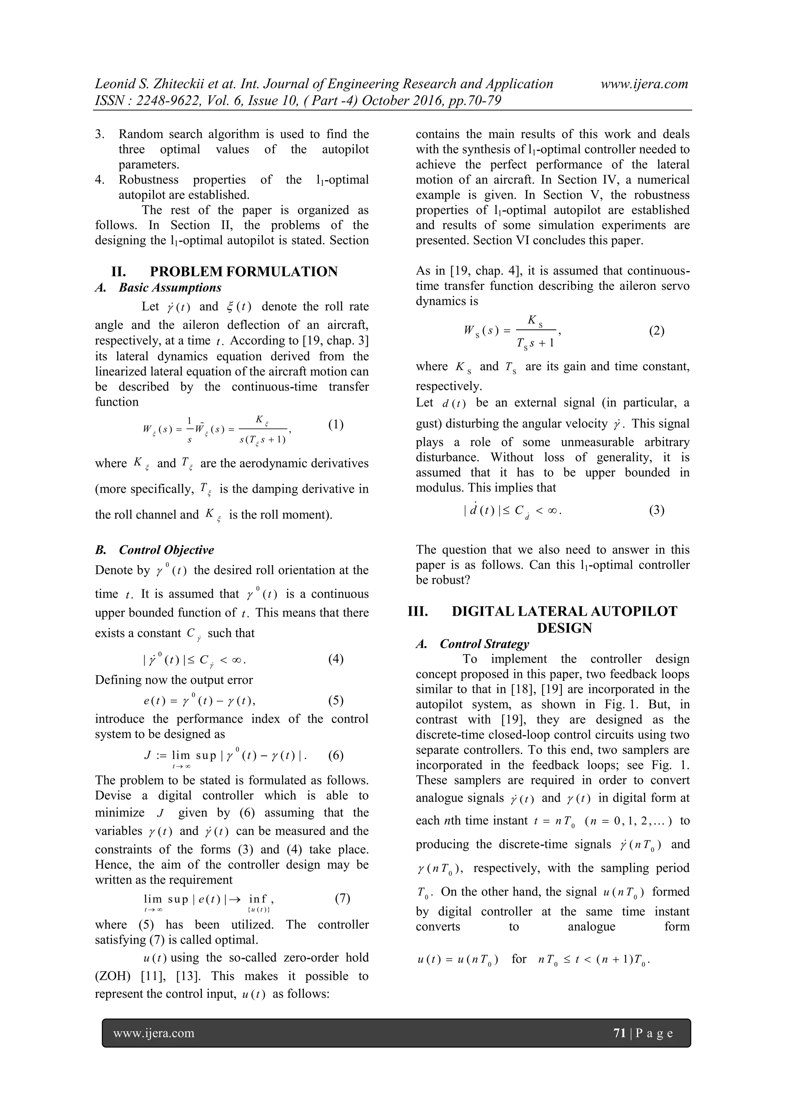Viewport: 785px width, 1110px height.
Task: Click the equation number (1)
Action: pyautogui.click(x=335, y=424)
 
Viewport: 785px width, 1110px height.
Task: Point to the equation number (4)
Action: pyautogui.click(x=335, y=659)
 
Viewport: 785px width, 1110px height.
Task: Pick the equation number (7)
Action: pyautogui.click(x=342, y=898)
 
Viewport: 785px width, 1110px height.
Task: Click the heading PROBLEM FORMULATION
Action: pyautogui.click(x=244, y=272)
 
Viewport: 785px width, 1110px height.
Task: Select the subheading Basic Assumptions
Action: pyautogui.click(x=170, y=288)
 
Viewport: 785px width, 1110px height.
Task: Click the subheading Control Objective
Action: pyautogui.click(x=166, y=550)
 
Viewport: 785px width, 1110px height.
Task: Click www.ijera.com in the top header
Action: pyautogui.click(x=644, y=84)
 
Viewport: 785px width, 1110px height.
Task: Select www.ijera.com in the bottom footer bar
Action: pyautogui.click(x=154, y=1033)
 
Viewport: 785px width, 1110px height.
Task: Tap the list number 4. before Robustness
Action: pyautogui.click(x=100, y=180)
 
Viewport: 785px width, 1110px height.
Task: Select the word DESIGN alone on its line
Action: pyautogui.click(x=564, y=628)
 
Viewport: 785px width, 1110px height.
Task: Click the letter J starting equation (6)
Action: pyautogui.click(x=148, y=755)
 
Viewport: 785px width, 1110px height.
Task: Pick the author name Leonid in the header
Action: pyautogui.click(x=115, y=84)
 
